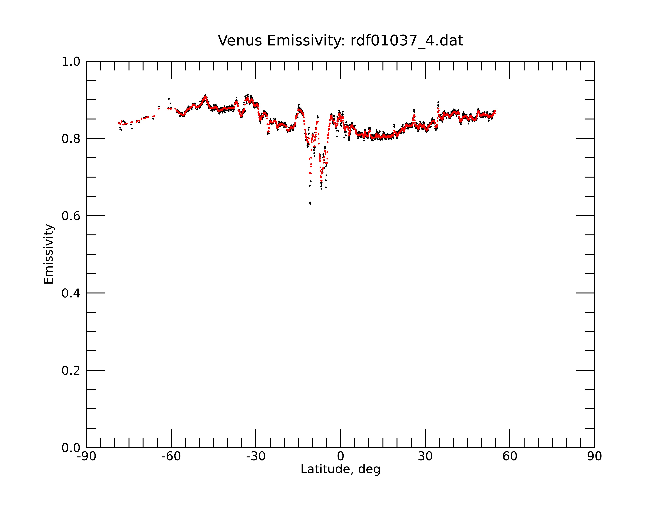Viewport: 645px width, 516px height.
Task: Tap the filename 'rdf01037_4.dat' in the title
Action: click(x=407, y=41)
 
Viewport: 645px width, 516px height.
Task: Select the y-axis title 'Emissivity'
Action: click(x=49, y=254)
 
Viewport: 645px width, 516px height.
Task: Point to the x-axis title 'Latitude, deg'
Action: click(x=340, y=469)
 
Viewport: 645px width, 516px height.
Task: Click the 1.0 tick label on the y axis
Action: click(x=71, y=62)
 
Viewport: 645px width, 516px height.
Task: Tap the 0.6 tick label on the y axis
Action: click(x=71, y=216)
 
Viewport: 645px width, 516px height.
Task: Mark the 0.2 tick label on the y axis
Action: click(x=71, y=371)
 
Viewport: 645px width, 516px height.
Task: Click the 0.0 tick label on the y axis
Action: click(x=71, y=448)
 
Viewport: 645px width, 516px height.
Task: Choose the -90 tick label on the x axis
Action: click(x=86, y=456)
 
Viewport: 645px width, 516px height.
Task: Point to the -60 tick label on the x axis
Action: click(x=171, y=456)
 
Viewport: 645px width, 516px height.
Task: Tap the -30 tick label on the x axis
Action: click(x=256, y=456)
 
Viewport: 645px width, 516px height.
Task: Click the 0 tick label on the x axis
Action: click(x=340, y=456)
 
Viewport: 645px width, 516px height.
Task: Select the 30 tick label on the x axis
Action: click(x=425, y=456)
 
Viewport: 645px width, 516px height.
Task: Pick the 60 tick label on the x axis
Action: click(x=510, y=456)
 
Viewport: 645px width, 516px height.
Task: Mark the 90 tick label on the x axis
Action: click(x=594, y=456)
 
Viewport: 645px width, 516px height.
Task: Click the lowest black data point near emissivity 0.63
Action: click(x=310, y=203)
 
